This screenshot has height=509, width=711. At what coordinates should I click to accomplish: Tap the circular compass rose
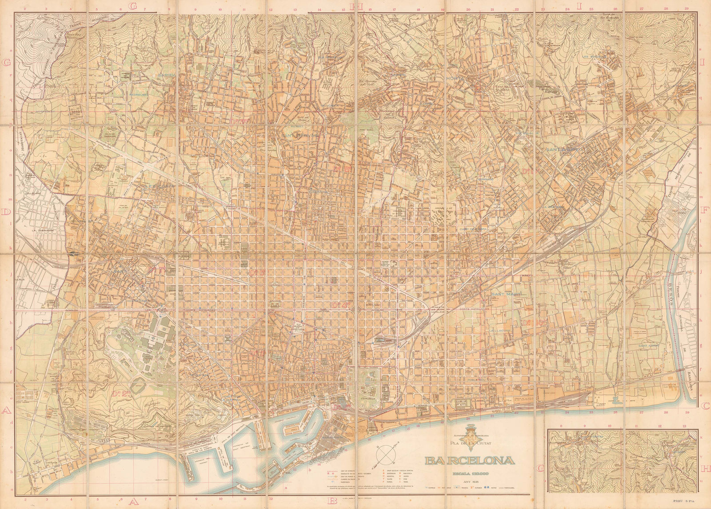pyautogui.click(x=385, y=454)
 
